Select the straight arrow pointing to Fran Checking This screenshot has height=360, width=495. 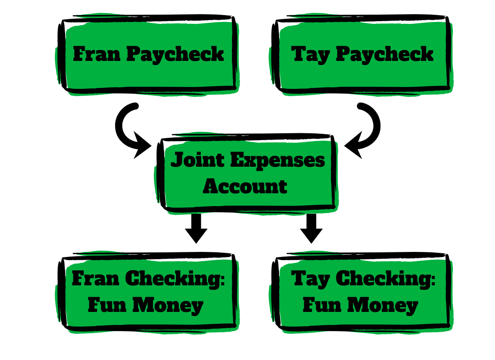click(196, 228)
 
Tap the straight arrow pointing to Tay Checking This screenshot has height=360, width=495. click(312, 228)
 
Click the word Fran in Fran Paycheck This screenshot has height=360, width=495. click(96, 54)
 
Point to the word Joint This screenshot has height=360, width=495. click(198, 160)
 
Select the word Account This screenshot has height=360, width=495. click(245, 186)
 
